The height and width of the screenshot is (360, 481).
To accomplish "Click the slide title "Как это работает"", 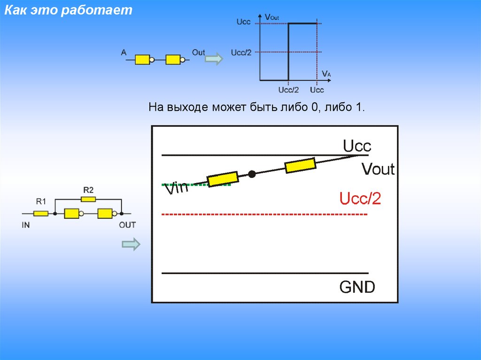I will point(69,11).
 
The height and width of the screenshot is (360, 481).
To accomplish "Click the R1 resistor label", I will point(41,202).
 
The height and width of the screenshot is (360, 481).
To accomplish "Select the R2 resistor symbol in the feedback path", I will point(88,199).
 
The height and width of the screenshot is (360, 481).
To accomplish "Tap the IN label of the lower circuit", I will point(26,225).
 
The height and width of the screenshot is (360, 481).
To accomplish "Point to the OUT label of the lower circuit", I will point(127,225).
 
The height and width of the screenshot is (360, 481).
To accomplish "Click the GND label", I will point(357,287).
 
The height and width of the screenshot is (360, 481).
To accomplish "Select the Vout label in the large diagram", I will point(378,169).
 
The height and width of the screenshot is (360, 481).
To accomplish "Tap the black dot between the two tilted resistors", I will point(252,174).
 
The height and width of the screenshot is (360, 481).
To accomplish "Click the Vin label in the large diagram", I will point(176,189).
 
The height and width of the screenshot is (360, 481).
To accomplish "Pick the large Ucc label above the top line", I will point(357,146).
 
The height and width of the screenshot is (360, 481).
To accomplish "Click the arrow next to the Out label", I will point(215,59).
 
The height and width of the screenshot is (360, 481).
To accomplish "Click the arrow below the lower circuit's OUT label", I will point(131,244).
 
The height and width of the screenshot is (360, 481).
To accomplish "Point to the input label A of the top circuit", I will point(124,53).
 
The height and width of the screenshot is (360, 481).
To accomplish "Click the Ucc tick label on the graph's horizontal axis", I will point(317,90).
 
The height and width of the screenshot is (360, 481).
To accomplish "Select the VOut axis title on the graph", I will point(272,17).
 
